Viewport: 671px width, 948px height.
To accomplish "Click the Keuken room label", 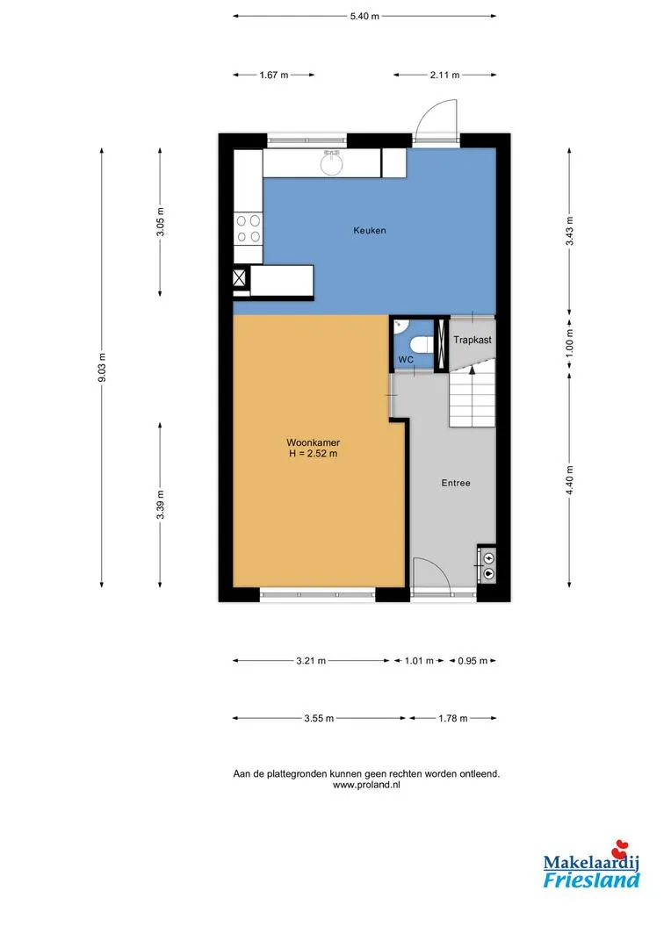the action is pyautogui.click(x=370, y=230).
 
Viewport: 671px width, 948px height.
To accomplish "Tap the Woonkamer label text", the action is pyautogui.click(x=313, y=442).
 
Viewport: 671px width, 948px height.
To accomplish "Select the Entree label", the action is pyautogui.click(x=456, y=483).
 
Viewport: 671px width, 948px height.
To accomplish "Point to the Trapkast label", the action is pyautogui.click(x=473, y=340).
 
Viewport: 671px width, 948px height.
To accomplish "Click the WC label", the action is pyautogui.click(x=406, y=360).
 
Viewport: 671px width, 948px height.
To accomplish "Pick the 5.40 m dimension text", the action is pyautogui.click(x=364, y=17).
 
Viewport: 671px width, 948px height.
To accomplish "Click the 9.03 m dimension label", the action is pyautogui.click(x=102, y=368).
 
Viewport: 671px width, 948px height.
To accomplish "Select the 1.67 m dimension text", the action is pyautogui.click(x=273, y=75).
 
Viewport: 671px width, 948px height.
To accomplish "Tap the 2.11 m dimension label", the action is pyautogui.click(x=444, y=75).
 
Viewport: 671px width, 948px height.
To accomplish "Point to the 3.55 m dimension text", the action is pyautogui.click(x=319, y=718).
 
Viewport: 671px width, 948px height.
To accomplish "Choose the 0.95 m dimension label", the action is pyautogui.click(x=473, y=661).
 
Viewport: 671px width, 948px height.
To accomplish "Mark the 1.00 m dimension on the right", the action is pyautogui.click(x=569, y=343).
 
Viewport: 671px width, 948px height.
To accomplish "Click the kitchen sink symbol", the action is pyautogui.click(x=331, y=162).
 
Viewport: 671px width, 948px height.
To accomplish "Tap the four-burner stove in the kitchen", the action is pyautogui.click(x=249, y=228).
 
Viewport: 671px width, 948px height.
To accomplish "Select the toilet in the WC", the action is pyautogui.click(x=420, y=345).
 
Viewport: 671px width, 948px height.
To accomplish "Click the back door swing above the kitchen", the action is pyautogui.click(x=436, y=120).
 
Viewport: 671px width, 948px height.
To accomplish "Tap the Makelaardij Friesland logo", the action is pyautogui.click(x=591, y=865).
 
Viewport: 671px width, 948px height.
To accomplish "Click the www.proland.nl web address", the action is pyautogui.click(x=366, y=785).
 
